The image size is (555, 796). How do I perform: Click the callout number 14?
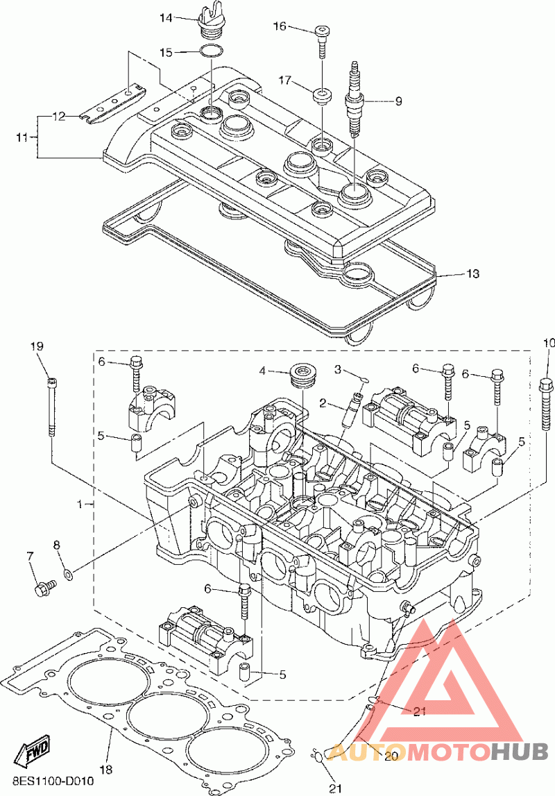click(166, 18)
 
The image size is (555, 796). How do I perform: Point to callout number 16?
click(279, 26)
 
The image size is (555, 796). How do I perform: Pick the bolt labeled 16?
click(323, 40)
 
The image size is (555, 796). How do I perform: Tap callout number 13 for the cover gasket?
click(472, 274)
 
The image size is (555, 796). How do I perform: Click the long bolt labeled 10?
click(546, 403)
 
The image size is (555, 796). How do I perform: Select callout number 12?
click(58, 117)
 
